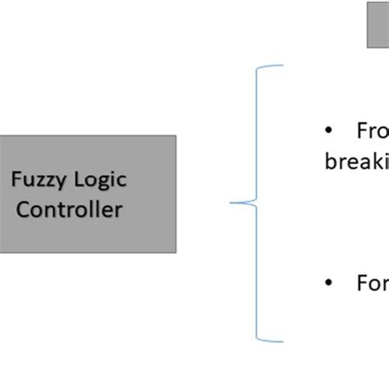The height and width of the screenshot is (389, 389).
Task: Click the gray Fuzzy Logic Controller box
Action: pos(87,194)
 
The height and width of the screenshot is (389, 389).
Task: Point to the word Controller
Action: pos(70,208)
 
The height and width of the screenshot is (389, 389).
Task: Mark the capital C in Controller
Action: pos(25,208)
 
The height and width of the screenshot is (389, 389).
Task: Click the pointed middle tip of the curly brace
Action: pos(231,202)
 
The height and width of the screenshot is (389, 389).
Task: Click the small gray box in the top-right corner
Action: pos(378,31)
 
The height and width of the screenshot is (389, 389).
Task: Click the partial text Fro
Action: pos(372,130)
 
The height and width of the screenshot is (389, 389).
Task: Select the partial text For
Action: pos(372,283)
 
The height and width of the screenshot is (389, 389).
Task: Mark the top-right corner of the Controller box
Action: pos(176,136)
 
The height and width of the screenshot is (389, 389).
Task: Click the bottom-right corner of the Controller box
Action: pos(176,252)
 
